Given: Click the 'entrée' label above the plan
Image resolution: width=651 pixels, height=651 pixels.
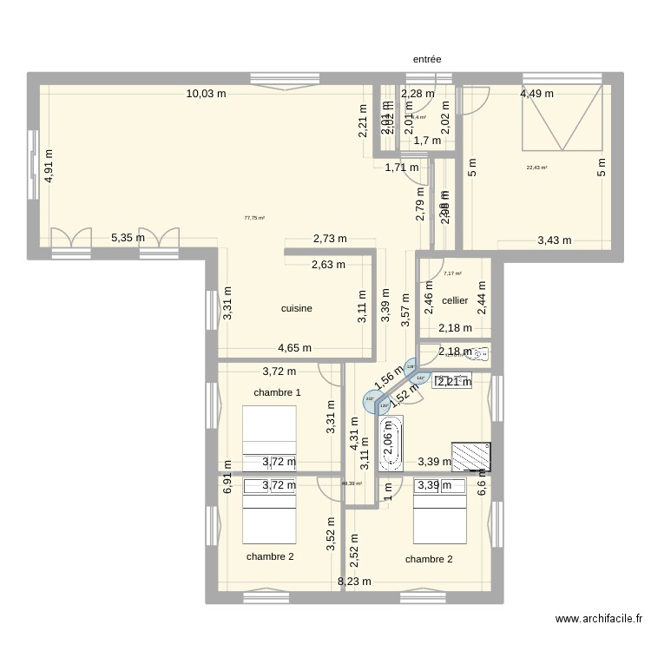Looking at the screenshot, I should (426, 60).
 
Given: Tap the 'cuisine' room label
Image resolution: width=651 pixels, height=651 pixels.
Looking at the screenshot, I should (297, 308).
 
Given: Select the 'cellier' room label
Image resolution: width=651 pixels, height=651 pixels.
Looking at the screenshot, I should (455, 301).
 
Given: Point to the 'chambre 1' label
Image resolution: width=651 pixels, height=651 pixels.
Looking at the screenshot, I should (277, 393).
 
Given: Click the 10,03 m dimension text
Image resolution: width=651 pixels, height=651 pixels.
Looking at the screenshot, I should (206, 94).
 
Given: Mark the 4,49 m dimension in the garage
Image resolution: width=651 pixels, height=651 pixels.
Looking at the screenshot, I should (537, 94).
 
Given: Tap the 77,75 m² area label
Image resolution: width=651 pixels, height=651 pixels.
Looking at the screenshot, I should (254, 219).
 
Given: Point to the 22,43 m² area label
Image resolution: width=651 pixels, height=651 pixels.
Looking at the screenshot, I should (536, 168).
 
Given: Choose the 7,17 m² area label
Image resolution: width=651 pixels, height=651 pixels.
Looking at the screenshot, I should (452, 273).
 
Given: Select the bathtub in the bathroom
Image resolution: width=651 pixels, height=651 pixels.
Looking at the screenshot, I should (391, 444).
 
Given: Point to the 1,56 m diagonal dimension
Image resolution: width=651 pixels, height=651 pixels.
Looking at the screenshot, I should (389, 375).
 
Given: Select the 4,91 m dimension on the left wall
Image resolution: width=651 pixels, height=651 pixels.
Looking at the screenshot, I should (49, 165).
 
